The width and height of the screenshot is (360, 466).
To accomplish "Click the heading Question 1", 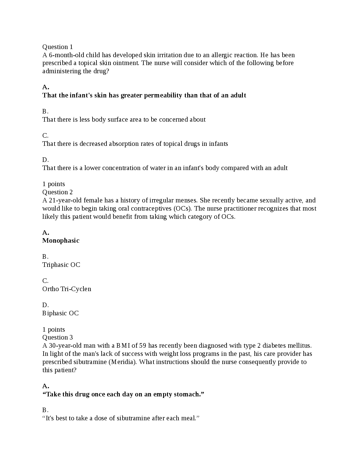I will click(57, 47).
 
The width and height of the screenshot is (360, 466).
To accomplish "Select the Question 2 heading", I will click(57, 192).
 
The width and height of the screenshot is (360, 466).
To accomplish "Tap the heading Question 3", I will click(57, 337).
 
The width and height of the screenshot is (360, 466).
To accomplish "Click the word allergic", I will click(222, 55).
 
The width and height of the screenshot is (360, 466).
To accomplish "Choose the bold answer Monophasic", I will click(61, 241).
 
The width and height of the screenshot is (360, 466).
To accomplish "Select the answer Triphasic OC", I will click(61, 265).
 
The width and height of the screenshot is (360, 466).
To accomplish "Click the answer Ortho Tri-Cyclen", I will click(67, 289).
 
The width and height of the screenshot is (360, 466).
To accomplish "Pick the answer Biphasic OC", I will click(61, 313).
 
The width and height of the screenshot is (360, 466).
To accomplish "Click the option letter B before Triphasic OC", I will click(45, 257).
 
